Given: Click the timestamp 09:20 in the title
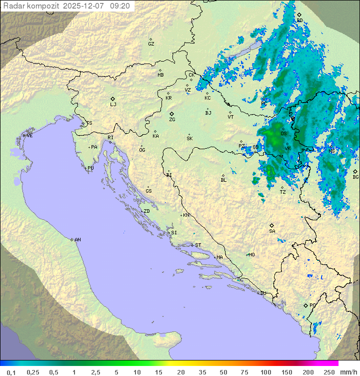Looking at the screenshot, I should [x=120, y=6].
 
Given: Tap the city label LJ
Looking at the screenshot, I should [x=113, y=105].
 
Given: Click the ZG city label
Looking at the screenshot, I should [x=172, y=120].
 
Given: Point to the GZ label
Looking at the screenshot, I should [x=151, y=44].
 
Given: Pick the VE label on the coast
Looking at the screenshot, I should [x=29, y=136].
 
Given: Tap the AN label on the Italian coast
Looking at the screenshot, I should [x=77, y=240].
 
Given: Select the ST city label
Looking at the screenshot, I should [x=197, y=245].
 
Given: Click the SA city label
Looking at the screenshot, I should [x=272, y=231].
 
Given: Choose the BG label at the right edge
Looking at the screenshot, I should [x=355, y=177].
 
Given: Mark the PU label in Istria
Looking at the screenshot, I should [x=90, y=168].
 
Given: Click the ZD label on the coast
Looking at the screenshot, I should [x=146, y=211].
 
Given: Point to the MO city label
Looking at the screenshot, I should [x=251, y=255].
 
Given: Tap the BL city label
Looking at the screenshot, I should [x=223, y=180].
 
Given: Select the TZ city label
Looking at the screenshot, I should [x=282, y=192].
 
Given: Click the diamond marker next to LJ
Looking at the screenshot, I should [x=113, y=99].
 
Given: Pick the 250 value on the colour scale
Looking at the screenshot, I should [x=328, y=372].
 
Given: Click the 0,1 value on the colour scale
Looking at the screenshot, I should [x=11, y=372].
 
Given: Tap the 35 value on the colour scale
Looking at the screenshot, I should [x=202, y=372].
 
